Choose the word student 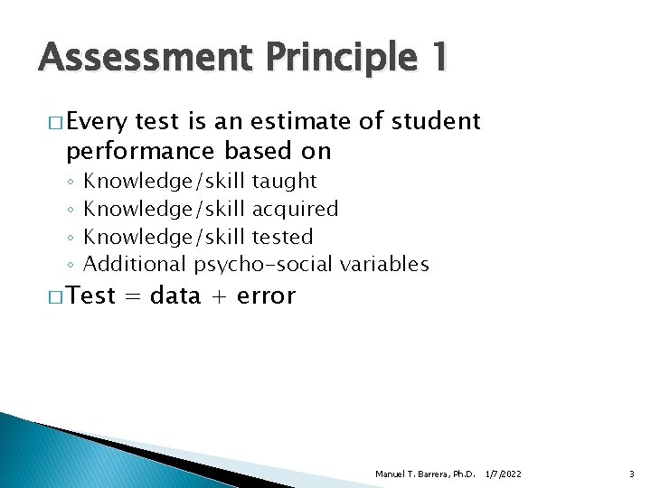coord(436,122)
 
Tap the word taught coord(285,182)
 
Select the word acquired coord(296,209)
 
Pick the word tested coord(283,237)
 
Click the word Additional coord(135,264)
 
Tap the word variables coord(384,264)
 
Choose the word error coord(266,296)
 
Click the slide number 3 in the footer coord(632,474)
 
